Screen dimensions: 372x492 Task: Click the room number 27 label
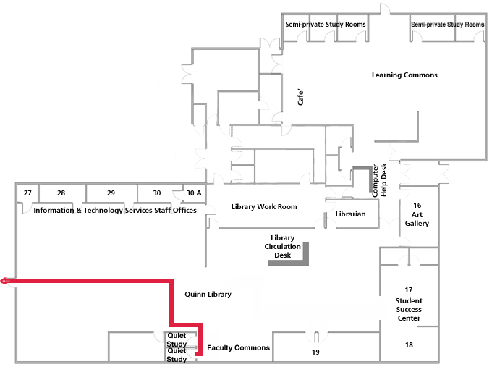tap(27, 193)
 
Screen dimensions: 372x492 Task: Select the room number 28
tap(61, 193)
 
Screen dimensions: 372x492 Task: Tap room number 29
tap(111, 193)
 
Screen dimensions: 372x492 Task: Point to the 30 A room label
tap(194, 193)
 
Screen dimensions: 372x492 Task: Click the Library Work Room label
tap(264, 207)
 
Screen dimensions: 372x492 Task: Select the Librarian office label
tap(351, 214)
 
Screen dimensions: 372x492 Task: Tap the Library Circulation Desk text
tap(282, 247)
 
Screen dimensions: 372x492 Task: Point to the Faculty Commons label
tap(238, 348)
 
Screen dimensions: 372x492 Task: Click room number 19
tap(315, 352)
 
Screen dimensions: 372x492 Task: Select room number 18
tap(409, 345)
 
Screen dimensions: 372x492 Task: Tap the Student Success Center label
tap(409, 309)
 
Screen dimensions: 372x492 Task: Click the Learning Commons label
tap(404, 75)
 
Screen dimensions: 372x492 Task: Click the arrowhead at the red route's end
tap(4, 281)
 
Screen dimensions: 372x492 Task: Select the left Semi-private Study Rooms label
tap(325, 25)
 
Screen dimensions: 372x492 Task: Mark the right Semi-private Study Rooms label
tap(447, 25)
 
